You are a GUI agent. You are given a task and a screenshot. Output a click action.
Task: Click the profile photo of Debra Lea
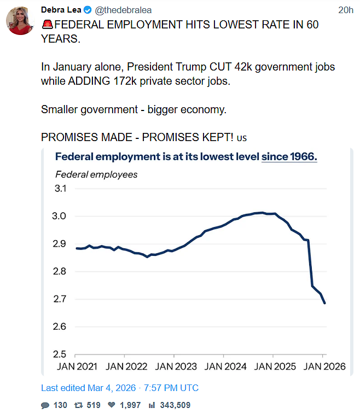coord(21,21)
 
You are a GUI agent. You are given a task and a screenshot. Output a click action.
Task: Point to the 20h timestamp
coord(345,10)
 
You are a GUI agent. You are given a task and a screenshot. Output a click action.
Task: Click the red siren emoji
coord(48,25)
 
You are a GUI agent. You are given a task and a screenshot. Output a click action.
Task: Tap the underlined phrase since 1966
coord(289,156)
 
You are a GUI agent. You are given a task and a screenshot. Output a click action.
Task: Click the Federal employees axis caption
coord(97,174)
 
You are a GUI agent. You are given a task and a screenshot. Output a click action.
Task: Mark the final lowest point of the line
coord(324,304)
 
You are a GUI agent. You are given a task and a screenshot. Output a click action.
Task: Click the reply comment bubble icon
coord(45,405)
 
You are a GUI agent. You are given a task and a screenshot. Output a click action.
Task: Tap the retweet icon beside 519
coord(79,405)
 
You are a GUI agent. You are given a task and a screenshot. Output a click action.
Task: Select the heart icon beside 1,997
coord(112,405)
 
